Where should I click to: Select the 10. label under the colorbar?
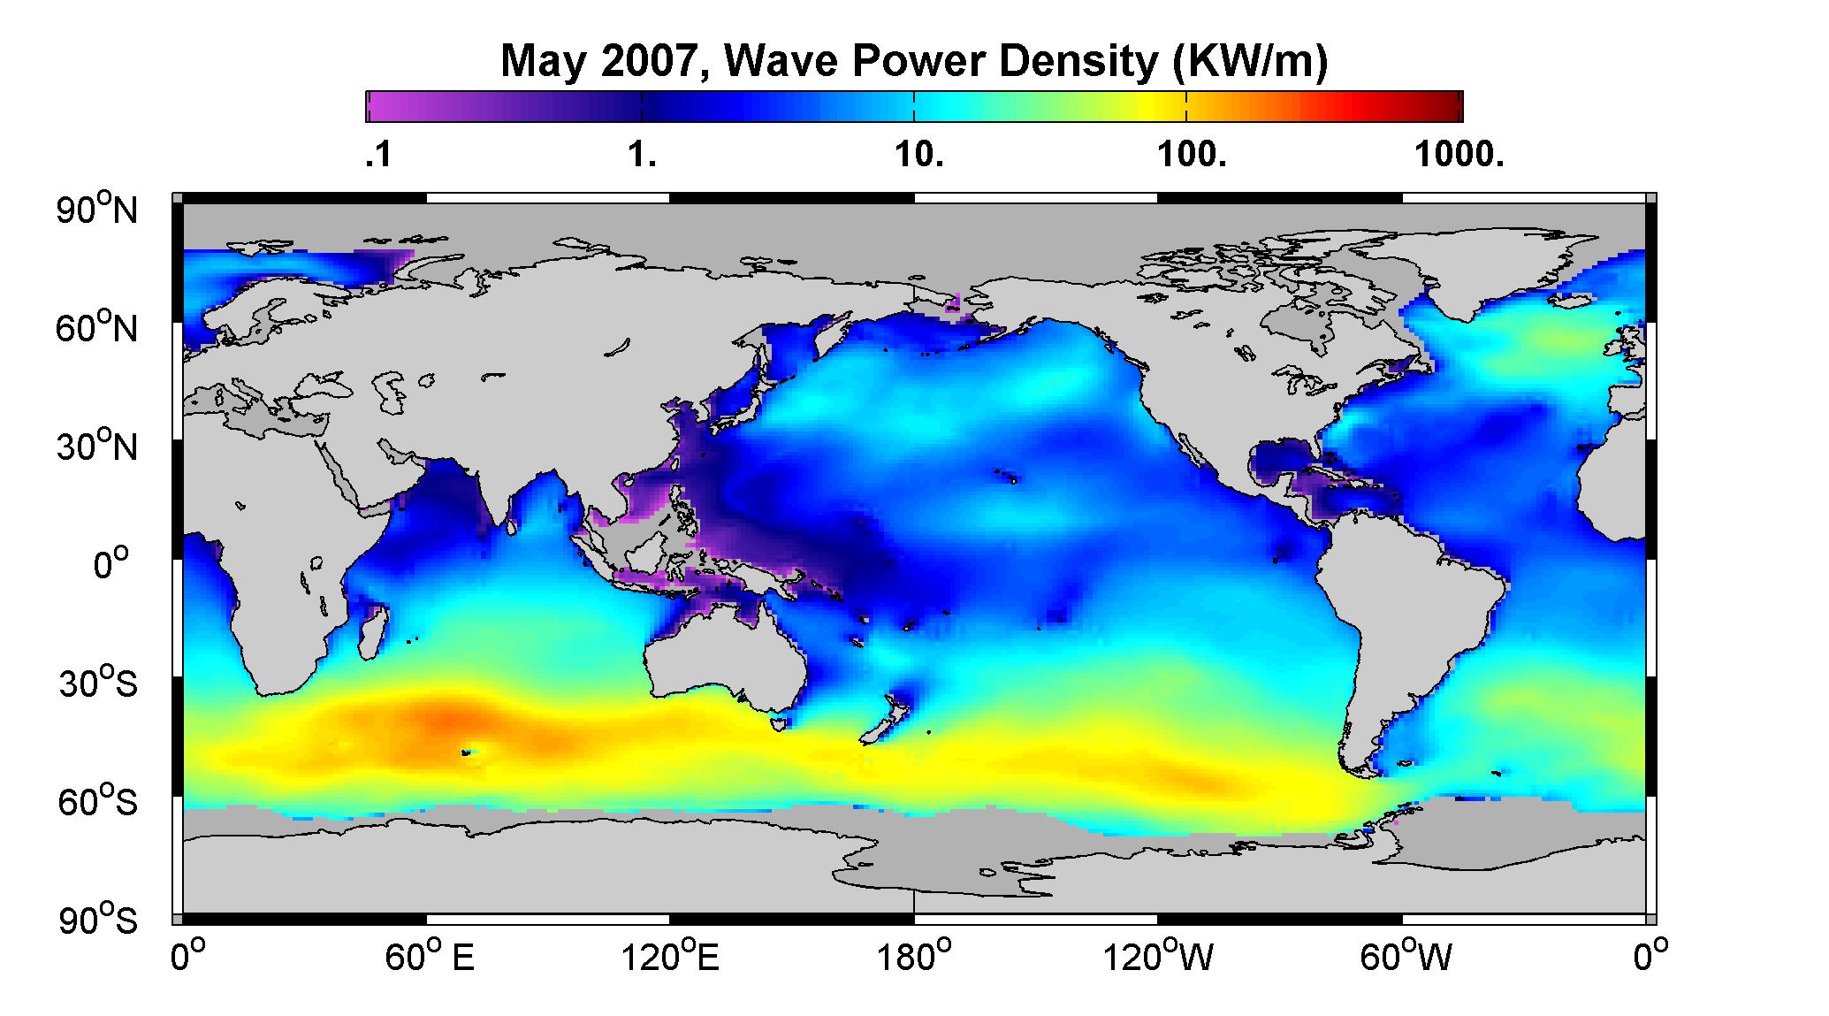pyautogui.click(x=919, y=157)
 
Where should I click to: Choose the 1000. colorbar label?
pyautogui.click(x=1459, y=157)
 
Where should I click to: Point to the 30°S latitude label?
pyautogui.click(x=97, y=683)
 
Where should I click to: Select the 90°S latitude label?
pyautogui.click(x=97, y=920)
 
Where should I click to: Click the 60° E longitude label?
pyautogui.click(x=430, y=958)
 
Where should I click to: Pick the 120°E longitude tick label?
pyautogui.click(x=671, y=958)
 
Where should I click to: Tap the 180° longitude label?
pyautogui.click(x=914, y=958)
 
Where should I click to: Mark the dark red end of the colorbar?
pyautogui.click(x=1450, y=106)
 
